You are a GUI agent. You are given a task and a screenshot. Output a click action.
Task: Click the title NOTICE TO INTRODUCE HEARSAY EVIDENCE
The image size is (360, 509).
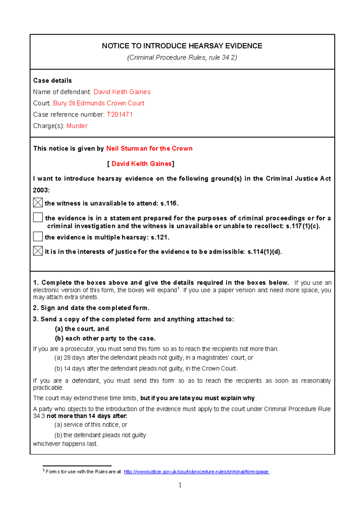(x=182, y=46)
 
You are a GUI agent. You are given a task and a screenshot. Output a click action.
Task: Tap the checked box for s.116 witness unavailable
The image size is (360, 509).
(x=38, y=203)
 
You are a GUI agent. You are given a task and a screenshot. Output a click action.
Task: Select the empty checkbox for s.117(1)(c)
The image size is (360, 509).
(x=38, y=217)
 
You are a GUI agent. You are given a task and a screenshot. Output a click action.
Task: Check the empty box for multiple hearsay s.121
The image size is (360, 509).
(x=38, y=237)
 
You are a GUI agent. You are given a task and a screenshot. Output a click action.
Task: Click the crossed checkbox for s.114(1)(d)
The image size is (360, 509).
(x=38, y=251)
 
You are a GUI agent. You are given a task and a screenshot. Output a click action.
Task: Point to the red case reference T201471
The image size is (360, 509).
(x=119, y=115)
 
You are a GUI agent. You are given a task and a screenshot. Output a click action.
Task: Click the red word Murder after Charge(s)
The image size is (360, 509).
(x=77, y=126)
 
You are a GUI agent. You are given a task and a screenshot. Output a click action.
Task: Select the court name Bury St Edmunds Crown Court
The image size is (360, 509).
(x=99, y=103)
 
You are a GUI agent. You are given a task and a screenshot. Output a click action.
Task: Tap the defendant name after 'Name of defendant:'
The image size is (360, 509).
(x=122, y=92)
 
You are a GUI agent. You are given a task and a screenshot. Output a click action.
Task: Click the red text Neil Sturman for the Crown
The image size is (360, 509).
(x=149, y=148)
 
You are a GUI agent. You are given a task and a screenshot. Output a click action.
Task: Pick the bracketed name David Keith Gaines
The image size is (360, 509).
(x=142, y=164)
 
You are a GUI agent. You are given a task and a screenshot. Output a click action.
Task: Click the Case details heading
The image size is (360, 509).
(x=52, y=81)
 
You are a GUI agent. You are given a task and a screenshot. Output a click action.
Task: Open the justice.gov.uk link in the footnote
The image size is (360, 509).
(x=196, y=472)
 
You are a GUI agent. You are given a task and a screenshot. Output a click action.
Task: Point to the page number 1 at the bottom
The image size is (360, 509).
(x=180, y=485)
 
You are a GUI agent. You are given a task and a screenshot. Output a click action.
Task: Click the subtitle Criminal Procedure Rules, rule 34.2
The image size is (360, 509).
(x=182, y=58)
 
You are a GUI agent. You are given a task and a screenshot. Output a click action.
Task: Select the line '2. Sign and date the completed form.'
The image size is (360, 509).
(x=91, y=308)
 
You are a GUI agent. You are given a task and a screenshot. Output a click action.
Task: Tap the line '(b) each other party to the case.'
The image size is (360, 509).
(x=105, y=338)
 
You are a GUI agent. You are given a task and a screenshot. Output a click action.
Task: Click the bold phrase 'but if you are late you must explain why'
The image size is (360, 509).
(x=197, y=398)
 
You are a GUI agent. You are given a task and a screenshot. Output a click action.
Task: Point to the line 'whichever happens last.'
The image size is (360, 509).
(x=65, y=444)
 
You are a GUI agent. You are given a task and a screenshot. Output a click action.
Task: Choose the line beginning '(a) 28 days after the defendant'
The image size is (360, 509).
(x=154, y=358)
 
